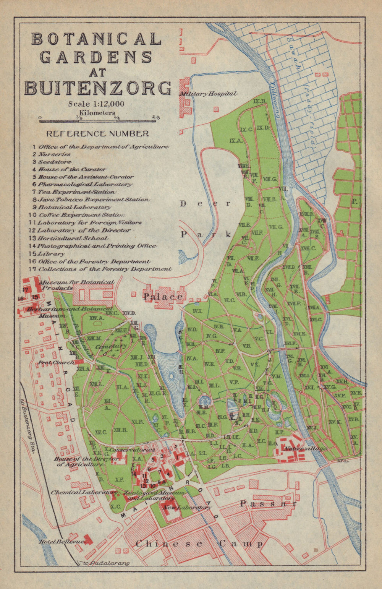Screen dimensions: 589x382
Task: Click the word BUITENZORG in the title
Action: tap(98, 88)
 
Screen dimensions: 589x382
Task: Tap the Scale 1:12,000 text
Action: tap(96, 104)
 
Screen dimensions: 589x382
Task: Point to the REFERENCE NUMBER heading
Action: tap(97, 134)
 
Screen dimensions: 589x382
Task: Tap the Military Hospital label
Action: tap(209, 94)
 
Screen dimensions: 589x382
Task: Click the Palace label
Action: tap(163, 297)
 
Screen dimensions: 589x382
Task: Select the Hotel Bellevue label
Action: tap(61, 542)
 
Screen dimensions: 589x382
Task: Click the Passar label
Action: tap(268, 504)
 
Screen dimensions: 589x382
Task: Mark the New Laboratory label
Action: tap(186, 508)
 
